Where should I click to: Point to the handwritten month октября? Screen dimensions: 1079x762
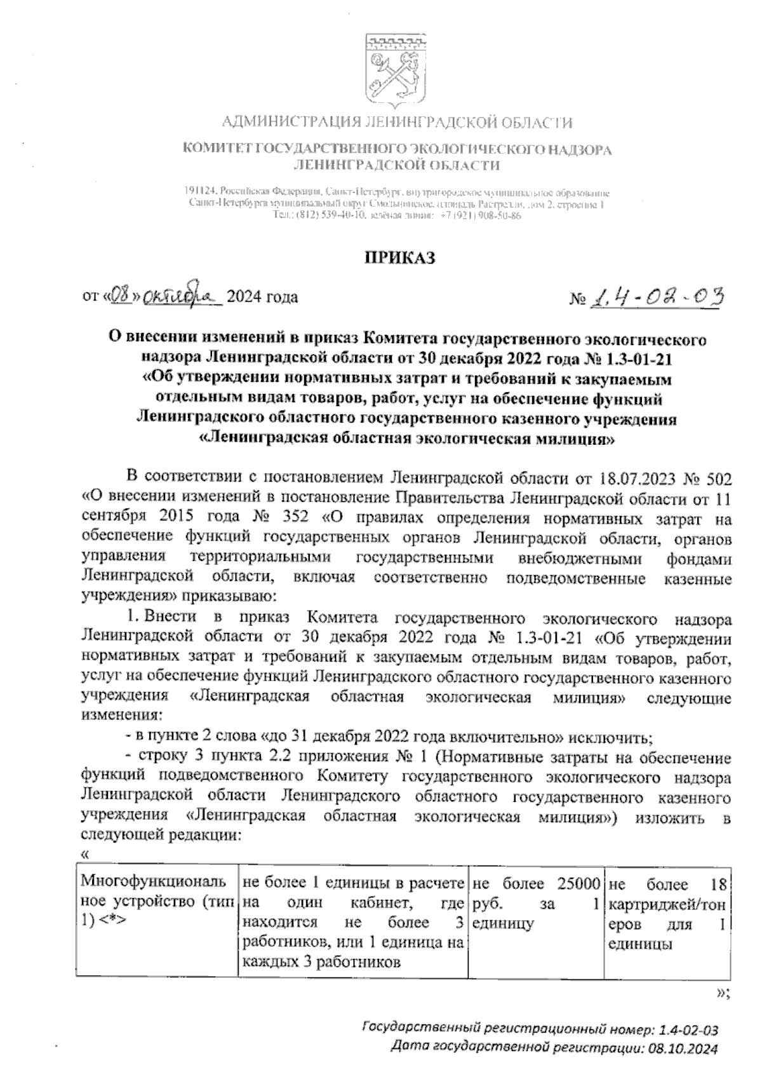click(181, 295)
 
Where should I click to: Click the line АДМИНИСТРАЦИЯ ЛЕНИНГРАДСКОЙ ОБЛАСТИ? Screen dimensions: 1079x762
click(398, 122)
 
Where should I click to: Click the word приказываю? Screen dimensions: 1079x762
click(229, 597)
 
